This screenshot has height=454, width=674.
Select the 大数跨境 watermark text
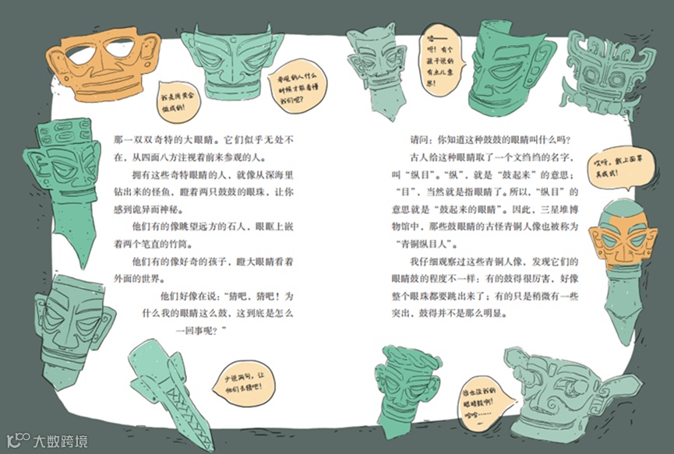pyautogui.click(x=59, y=441)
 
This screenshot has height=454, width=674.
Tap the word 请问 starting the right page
pyautogui.click(x=422, y=140)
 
